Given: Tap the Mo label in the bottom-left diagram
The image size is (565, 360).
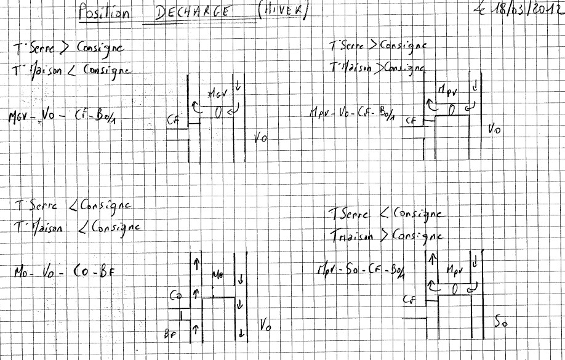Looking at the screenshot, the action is coord(218,274).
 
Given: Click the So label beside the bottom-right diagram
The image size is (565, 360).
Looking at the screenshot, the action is coord(501,321).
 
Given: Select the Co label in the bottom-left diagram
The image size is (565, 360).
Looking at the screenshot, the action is coord(175,296).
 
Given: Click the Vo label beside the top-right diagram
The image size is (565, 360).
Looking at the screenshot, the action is coord(494,129).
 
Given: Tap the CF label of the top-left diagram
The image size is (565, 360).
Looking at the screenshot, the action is coord(174,121).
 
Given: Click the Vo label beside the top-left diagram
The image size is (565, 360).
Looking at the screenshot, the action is coord(260,138).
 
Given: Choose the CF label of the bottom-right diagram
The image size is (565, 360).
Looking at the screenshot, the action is coord(409,300).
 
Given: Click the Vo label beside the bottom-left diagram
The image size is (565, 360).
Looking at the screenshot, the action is coord(265,324).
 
